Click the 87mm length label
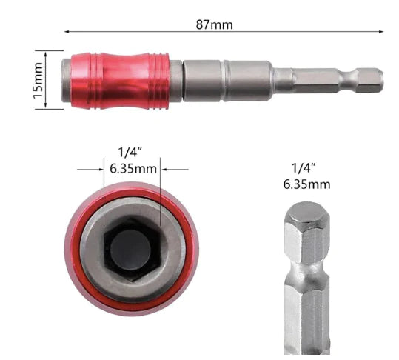(x=215, y=24)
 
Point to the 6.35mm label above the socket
(x=133, y=169)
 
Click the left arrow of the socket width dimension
(x=99, y=169)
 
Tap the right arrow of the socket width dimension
(x=167, y=169)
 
